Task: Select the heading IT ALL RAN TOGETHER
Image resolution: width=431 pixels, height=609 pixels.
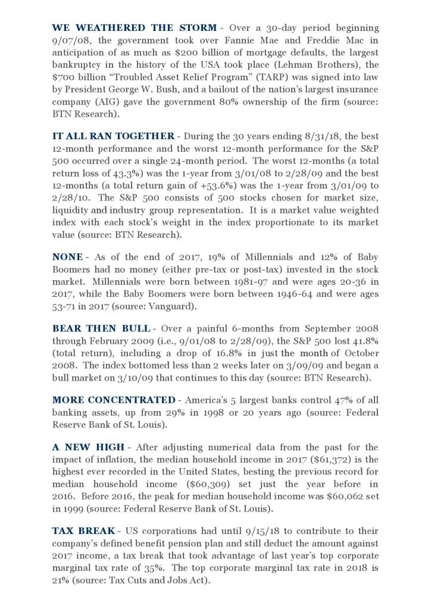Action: [x=113, y=136]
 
